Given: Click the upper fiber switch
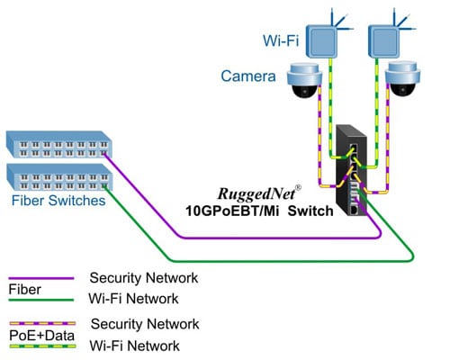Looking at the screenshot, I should [58, 143].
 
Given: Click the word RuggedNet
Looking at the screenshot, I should [256, 193].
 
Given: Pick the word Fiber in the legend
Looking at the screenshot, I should [22, 290].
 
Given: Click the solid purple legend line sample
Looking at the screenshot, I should [40, 278].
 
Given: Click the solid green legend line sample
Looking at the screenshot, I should [40, 301].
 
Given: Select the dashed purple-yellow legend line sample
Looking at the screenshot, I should [40, 323].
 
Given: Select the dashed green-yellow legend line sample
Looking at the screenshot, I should [40, 346].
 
